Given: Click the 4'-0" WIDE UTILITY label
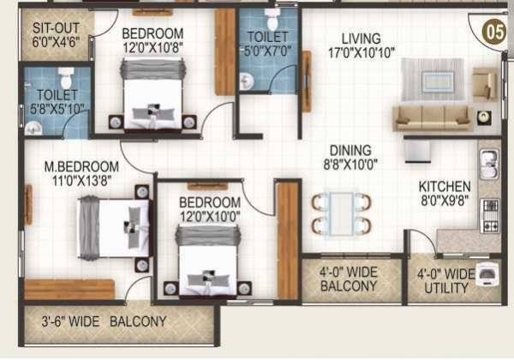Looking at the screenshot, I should click(x=445, y=281).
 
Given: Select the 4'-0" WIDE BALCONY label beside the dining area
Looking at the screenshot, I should click(x=349, y=279).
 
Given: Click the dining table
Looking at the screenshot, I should click(x=341, y=213).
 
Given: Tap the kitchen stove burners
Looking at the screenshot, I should click(x=490, y=214).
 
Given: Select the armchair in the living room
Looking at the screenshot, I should click(x=484, y=84).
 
